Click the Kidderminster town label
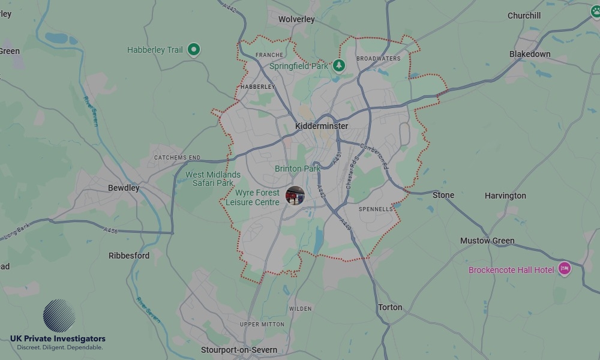pos(322,126)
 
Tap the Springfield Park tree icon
pos(339,65)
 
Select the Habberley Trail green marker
pos(193,49)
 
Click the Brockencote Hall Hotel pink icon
pos(564,269)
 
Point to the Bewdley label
pos(124,188)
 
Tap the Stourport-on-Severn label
pos(239,350)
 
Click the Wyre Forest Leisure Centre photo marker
pos(295,196)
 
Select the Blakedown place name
pos(530,54)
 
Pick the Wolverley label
pos(296,19)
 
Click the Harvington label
pos(505,196)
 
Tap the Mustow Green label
pos(487,241)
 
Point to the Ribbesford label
pos(129,256)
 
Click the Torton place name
pos(390,307)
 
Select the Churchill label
pos(524,16)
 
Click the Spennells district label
pos(376,209)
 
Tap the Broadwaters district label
pos(378,59)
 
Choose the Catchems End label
pos(177,158)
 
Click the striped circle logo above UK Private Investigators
pos(59,316)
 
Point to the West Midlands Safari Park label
pos(213,179)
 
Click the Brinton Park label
pos(298,169)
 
